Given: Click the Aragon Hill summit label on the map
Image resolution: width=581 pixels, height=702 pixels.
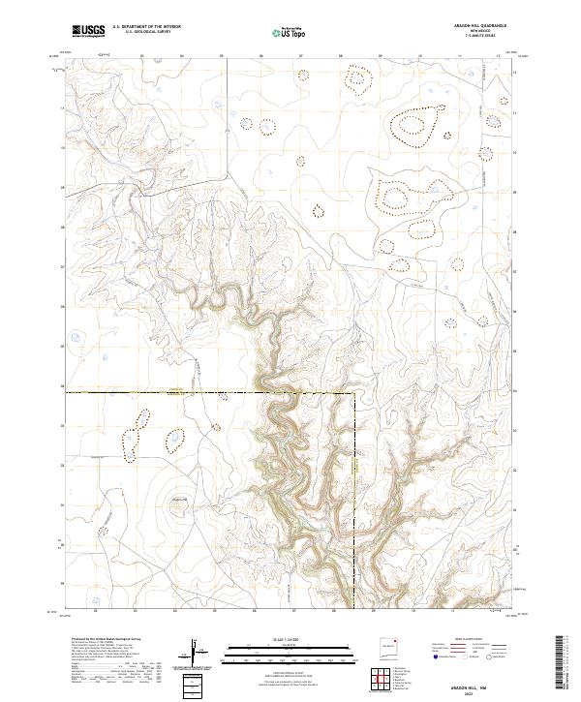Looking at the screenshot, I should click(x=178, y=498).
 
